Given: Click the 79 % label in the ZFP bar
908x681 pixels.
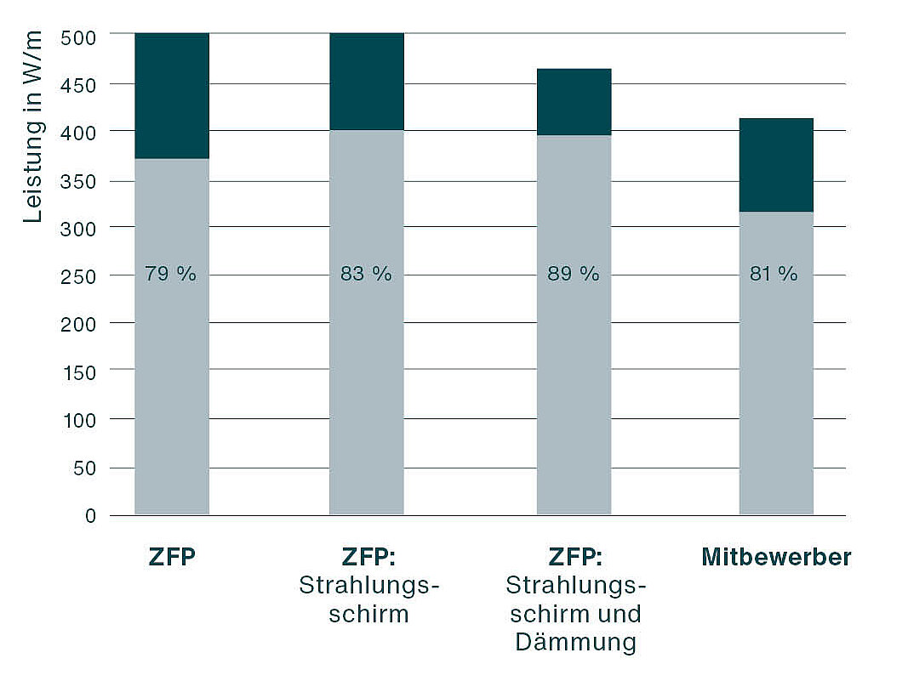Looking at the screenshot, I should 171,275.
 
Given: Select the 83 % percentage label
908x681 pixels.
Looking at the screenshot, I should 366,275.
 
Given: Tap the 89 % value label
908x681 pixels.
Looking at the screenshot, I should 574,275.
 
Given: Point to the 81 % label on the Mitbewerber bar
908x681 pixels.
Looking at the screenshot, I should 775,275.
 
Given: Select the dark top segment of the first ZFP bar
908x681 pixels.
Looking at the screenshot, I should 171,95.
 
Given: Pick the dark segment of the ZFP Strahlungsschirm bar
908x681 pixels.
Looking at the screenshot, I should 366,82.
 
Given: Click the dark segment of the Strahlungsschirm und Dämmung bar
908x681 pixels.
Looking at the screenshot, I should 574,102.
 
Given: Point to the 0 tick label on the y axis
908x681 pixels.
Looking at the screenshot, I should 90,516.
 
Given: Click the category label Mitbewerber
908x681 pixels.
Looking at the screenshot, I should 775,558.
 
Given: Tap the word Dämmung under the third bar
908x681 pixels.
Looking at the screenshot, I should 574,642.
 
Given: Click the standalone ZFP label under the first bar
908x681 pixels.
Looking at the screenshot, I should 171,558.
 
